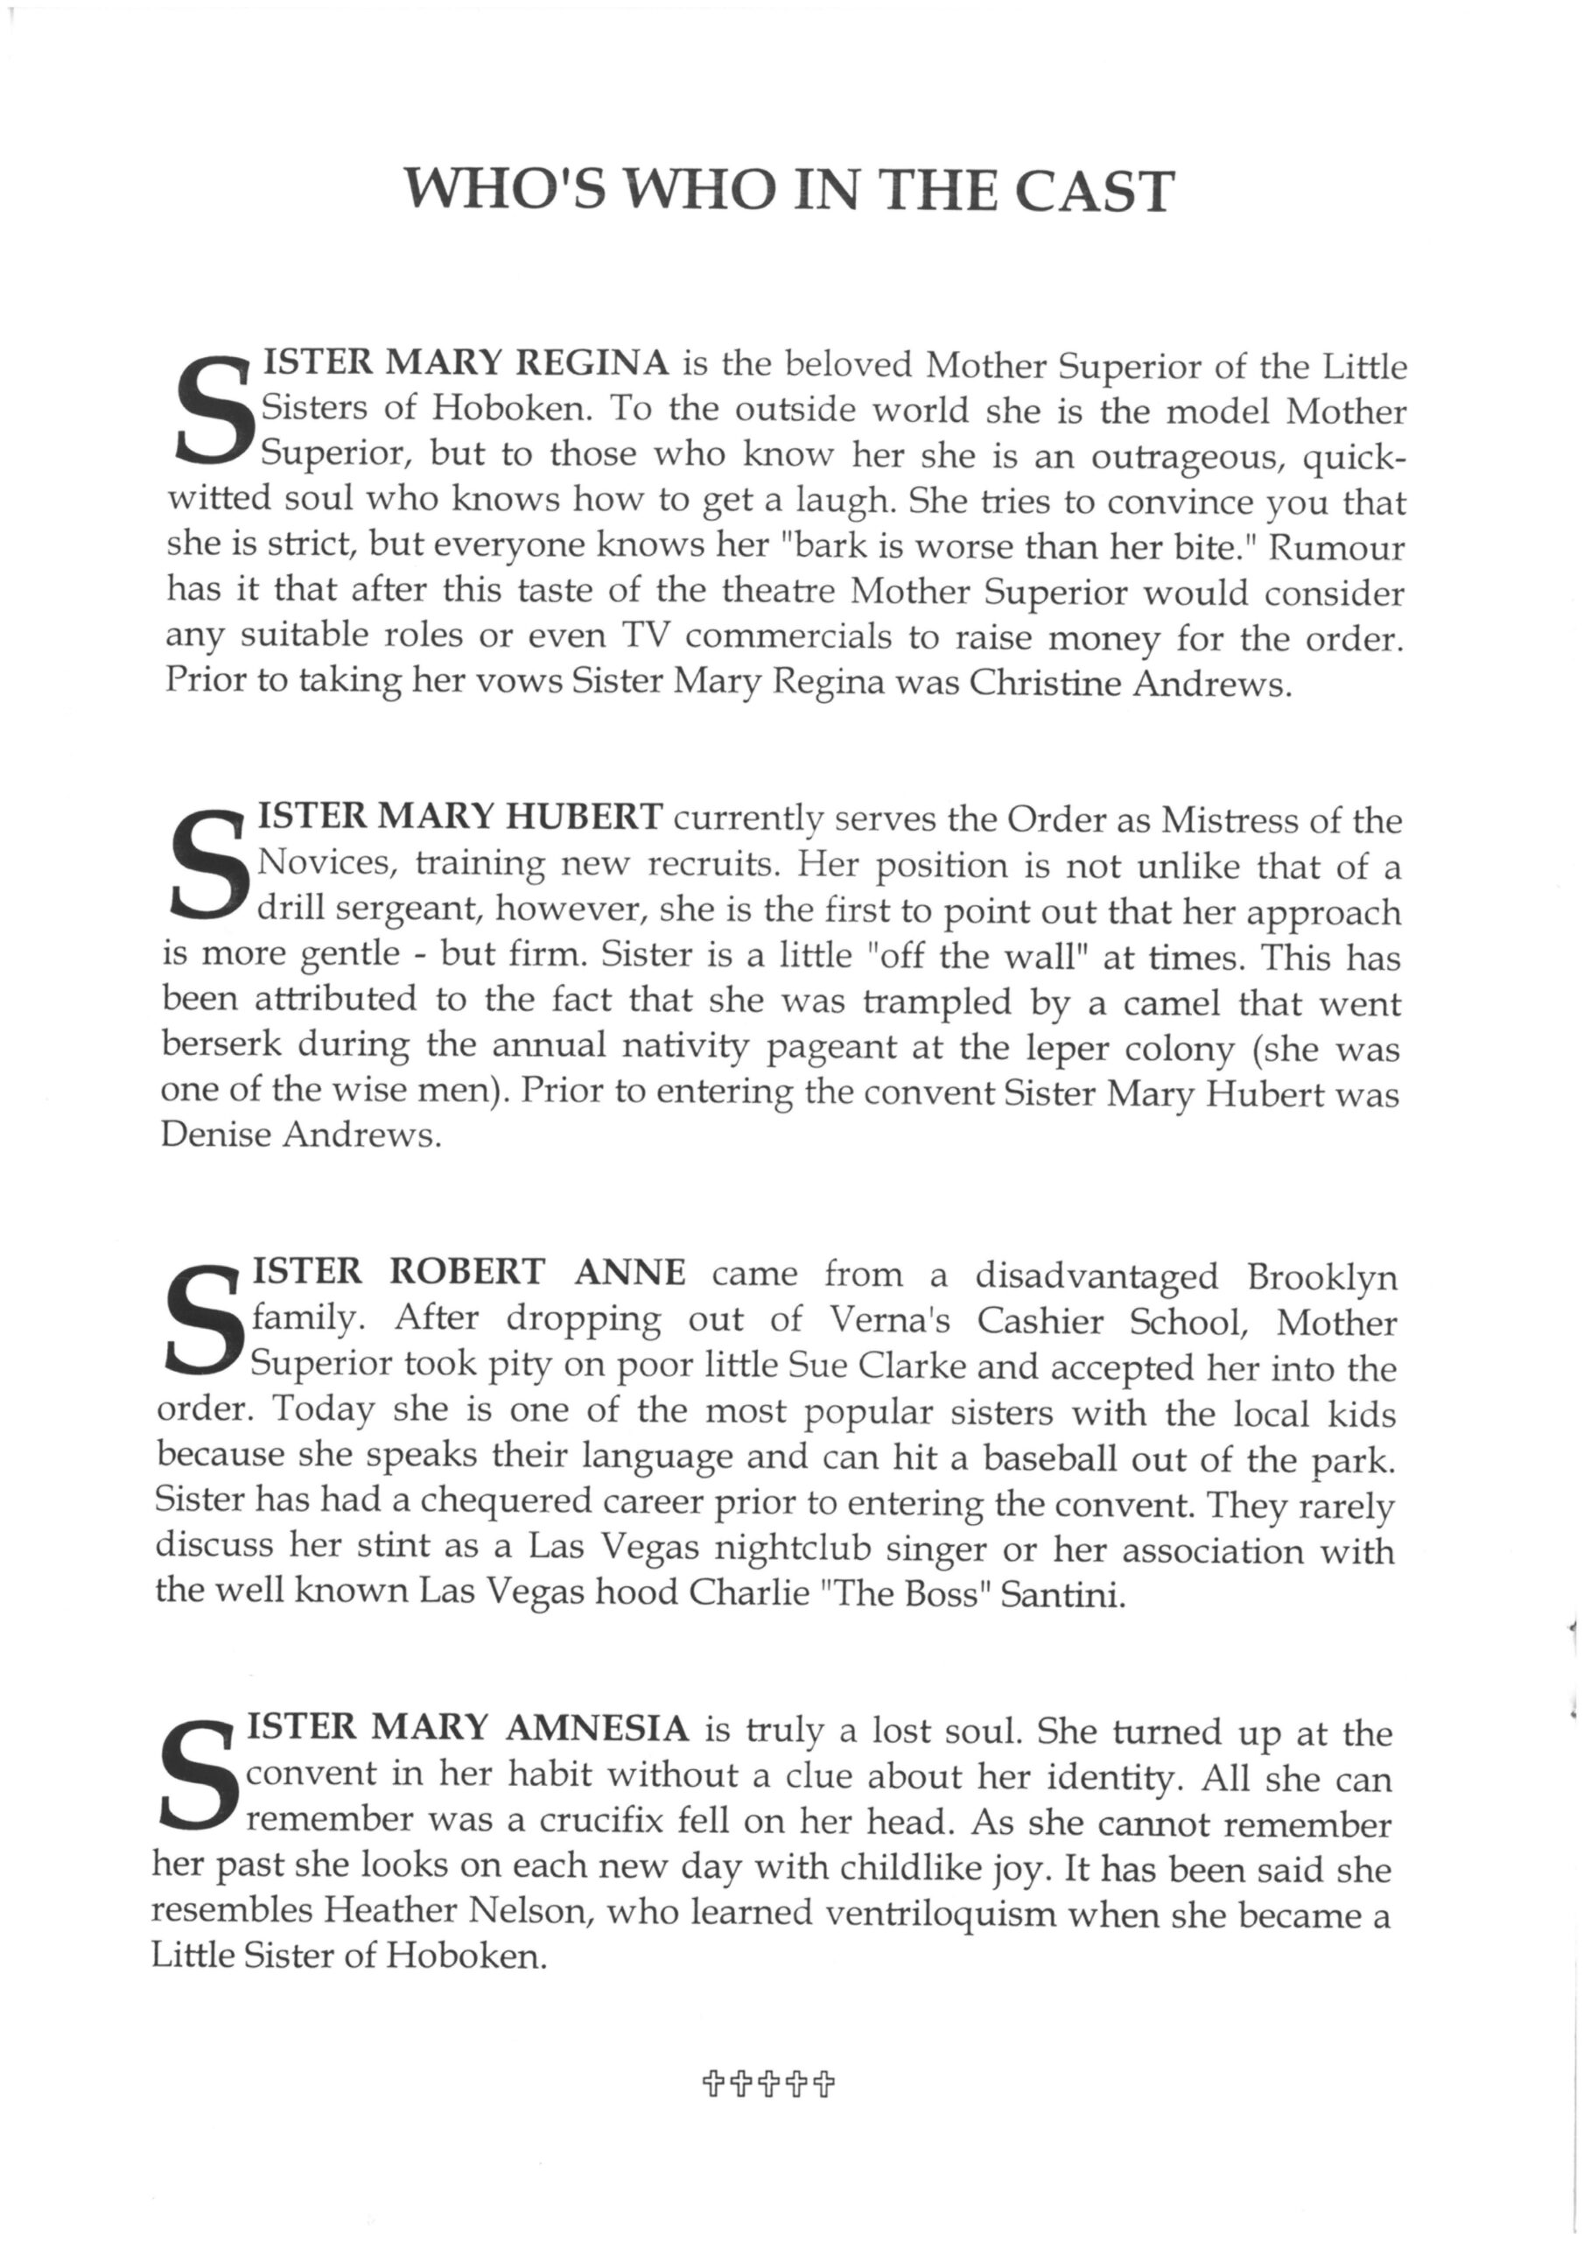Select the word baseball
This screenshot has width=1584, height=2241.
point(1050,1458)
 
